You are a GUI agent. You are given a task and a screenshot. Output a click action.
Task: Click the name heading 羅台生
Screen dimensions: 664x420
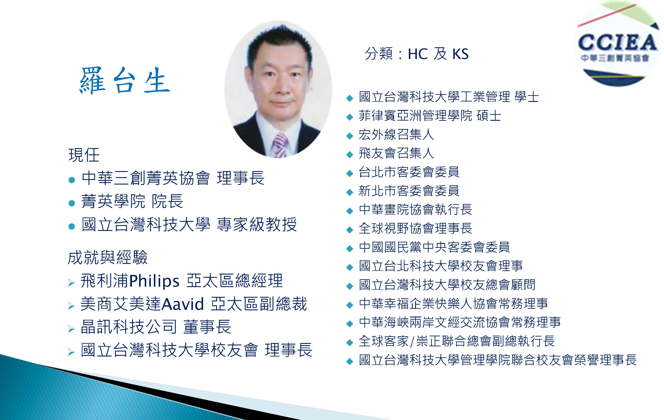124,80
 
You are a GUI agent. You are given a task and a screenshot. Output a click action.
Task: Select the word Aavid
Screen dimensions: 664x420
182,304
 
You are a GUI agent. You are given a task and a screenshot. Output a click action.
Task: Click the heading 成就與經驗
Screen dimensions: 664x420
108,257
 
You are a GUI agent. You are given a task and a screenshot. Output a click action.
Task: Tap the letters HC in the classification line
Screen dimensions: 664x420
418,54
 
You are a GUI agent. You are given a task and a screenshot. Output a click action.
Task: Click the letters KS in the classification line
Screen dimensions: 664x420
460,54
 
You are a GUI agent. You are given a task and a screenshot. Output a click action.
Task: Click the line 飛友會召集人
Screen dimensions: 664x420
396,153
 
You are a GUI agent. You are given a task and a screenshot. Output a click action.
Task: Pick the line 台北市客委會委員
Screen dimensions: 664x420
409,172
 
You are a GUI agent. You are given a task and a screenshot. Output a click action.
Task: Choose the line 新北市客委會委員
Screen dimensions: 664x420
409,191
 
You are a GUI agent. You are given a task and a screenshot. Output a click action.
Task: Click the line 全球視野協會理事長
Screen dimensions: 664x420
415,228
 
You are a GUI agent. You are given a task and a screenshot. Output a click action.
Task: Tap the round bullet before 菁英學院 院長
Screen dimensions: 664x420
72,203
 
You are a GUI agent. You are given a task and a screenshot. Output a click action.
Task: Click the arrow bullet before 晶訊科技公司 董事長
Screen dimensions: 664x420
71,329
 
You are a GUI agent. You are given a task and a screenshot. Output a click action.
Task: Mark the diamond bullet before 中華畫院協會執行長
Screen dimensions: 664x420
350,211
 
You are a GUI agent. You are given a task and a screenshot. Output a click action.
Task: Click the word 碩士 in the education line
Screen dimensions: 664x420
489,116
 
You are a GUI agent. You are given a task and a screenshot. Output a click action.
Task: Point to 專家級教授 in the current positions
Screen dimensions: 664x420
257,224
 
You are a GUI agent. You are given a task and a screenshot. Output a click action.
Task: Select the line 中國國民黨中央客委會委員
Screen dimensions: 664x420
434,247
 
